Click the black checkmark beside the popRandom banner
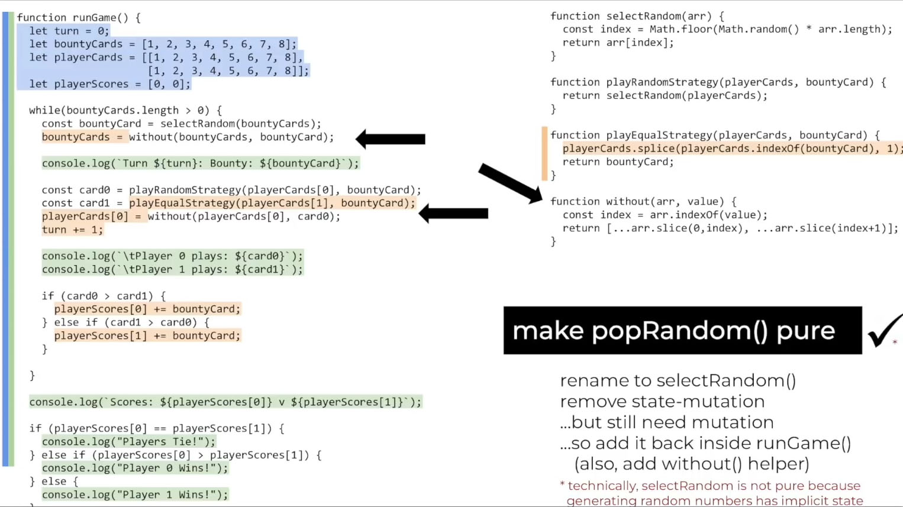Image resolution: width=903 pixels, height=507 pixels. click(883, 332)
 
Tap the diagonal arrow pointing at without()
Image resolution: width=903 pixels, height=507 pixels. click(509, 183)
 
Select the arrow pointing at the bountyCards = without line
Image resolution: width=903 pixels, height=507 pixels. click(391, 139)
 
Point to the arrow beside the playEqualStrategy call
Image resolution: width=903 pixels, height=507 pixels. click(453, 214)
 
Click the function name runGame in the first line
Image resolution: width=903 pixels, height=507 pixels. click(95, 18)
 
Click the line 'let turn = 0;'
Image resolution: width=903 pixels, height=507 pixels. click(69, 31)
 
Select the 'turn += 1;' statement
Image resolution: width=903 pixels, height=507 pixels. click(72, 230)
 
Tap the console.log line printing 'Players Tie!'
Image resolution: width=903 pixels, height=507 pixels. click(128, 441)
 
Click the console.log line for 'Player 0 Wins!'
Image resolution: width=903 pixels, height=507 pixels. click(134, 468)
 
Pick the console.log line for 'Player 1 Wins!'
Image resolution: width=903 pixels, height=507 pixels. click(134, 495)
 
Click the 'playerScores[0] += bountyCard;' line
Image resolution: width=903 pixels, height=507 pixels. click(147, 309)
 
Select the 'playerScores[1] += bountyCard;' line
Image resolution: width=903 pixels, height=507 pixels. click(147, 335)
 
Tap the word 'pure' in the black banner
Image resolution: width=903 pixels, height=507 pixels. click(805, 331)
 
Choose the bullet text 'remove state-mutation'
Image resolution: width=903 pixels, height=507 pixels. click(662, 402)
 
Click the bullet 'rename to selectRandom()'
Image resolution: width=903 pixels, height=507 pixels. click(678, 380)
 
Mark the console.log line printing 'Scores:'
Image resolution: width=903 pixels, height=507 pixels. click(225, 402)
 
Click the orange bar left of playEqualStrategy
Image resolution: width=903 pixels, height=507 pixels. click(544, 154)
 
